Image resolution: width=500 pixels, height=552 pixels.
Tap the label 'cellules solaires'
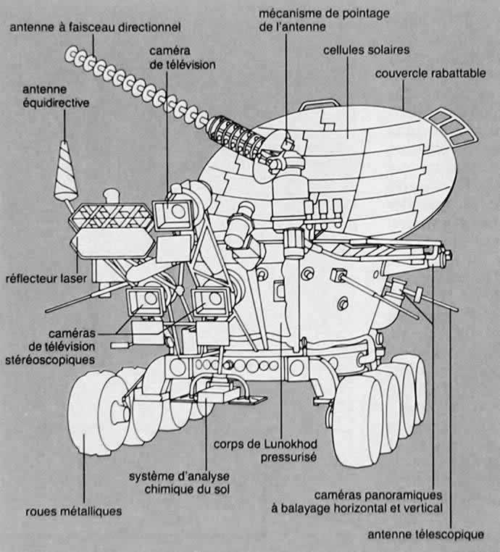coord(366,50)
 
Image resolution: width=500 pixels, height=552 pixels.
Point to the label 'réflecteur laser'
coord(45,277)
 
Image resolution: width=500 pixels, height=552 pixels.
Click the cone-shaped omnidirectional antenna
coord(66,175)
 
